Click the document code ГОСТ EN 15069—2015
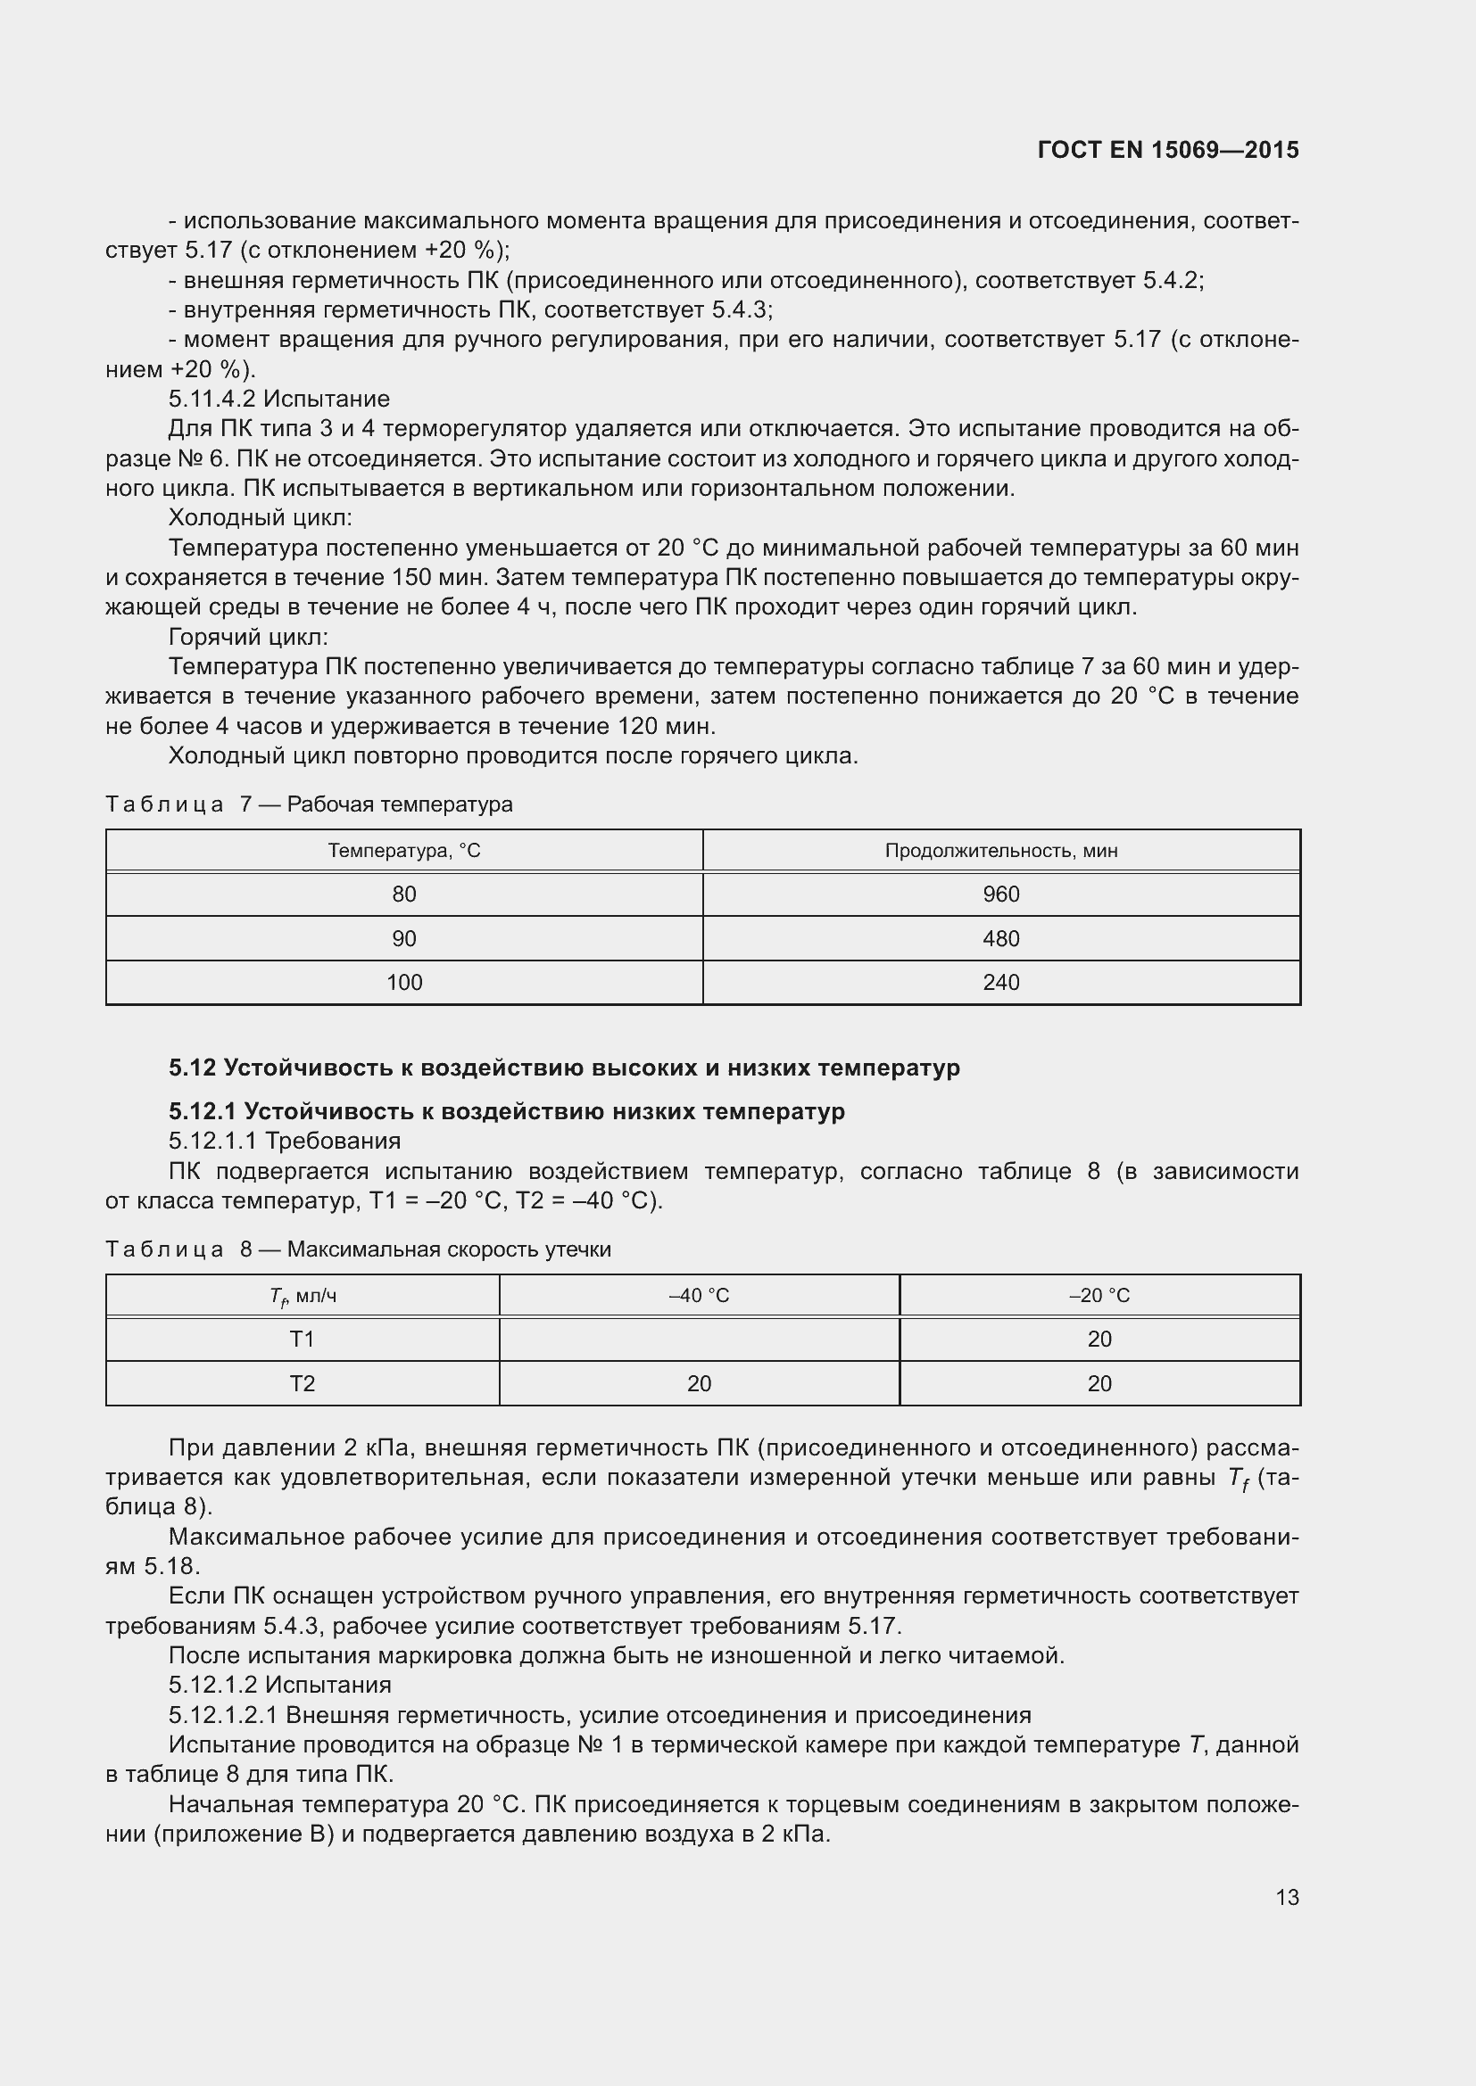point(1168,150)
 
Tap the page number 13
point(1287,1897)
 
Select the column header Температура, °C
point(403,851)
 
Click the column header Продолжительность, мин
point(1000,851)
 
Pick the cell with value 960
point(1000,894)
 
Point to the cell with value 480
point(1000,938)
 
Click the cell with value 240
point(1000,982)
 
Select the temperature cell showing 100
point(403,982)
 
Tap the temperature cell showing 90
point(403,938)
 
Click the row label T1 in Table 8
point(302,1340)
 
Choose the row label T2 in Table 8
point(302,1384)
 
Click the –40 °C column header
point(699,1296)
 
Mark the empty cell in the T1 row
point(699,1340)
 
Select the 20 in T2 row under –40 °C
point(699,1384)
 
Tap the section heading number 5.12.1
point(202,1111)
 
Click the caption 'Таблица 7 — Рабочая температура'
point(309,804)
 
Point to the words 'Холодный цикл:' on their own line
point(260,518)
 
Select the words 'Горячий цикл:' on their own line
point(248,637)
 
